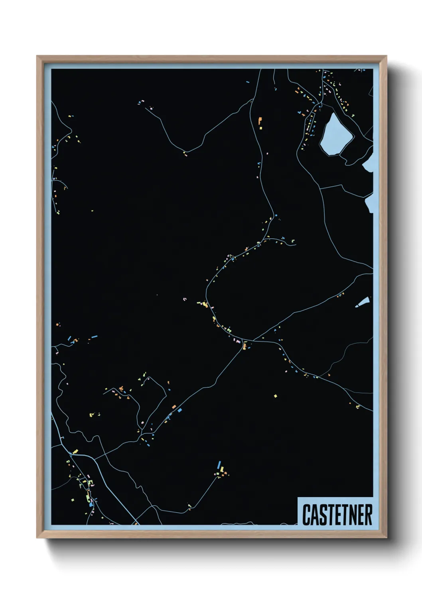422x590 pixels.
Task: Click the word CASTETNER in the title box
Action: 337,515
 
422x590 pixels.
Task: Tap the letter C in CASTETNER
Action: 307,515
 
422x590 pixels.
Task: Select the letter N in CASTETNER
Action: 352,515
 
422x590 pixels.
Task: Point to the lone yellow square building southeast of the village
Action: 275,396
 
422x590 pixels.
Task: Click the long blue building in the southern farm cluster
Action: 219,465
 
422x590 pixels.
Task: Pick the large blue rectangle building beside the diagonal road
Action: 179,410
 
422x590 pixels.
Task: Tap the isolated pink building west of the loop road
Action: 184,299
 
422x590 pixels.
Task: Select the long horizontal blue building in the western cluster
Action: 95,337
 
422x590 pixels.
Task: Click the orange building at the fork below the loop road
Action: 244,346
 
